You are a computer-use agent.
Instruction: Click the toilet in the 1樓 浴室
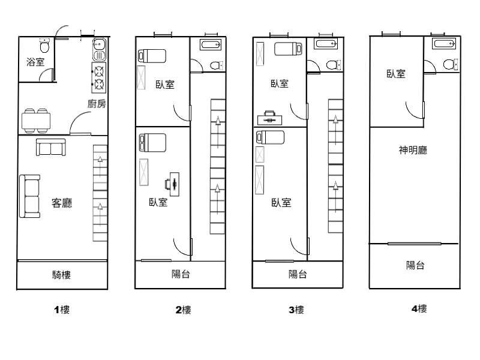click(x=44, y=46)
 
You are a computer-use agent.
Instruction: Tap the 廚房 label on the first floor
click(x=97, y=104)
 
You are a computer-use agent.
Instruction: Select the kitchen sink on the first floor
click(x=99, y=50)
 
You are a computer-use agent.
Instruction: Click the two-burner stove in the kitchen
click(x=99, y=77)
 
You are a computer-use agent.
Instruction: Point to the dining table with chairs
click(x=36, y=121)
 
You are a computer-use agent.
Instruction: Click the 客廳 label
click(x=62, y=203)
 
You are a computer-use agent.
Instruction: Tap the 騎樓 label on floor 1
click(x=61, y=275)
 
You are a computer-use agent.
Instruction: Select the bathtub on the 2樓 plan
click(x=211, y=44)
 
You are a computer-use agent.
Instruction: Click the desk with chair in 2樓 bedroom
click(x=172, y=184)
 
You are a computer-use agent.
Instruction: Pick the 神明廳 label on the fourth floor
click(x=413, y=150)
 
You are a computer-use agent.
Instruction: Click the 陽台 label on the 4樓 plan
click(x=415, y=265)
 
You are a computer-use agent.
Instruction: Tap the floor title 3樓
click(x=296, y=310)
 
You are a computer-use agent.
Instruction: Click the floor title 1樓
click(x=62, y=310)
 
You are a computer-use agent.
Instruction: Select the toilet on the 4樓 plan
click(x=451, y=64)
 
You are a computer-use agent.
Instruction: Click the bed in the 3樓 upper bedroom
click(x=289, y=49)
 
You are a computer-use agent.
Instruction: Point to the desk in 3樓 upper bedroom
click(x=269, y=118)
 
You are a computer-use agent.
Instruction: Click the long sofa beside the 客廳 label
click(x=29, y=196)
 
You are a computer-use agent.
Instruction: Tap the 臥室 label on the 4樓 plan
click(x=396, y=74)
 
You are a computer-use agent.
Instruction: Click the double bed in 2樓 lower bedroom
click(x=152, y=143)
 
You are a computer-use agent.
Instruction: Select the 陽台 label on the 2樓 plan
click(x=181, y=274)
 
